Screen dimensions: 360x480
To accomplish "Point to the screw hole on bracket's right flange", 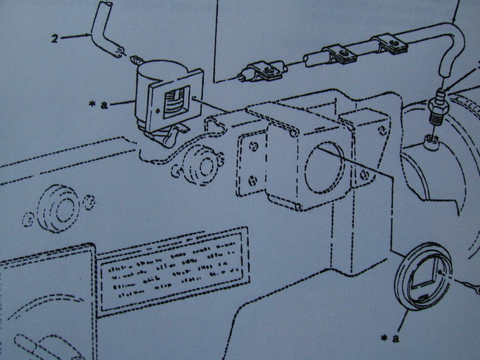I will pyautogui.click(x=364, y=174).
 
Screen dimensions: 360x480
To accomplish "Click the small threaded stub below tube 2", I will pyautogui.click(x=135, y=58).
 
